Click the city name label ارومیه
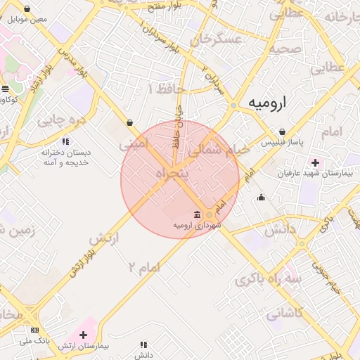coord(268,103)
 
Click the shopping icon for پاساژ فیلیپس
coord(282,131)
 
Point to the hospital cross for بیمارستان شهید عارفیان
coord(315,162)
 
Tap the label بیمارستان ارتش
coord(82,345)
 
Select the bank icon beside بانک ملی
coord(35,330)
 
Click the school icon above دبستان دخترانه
coord(65,141)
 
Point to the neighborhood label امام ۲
coord(144,266)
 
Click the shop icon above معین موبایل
coord(27,9)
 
